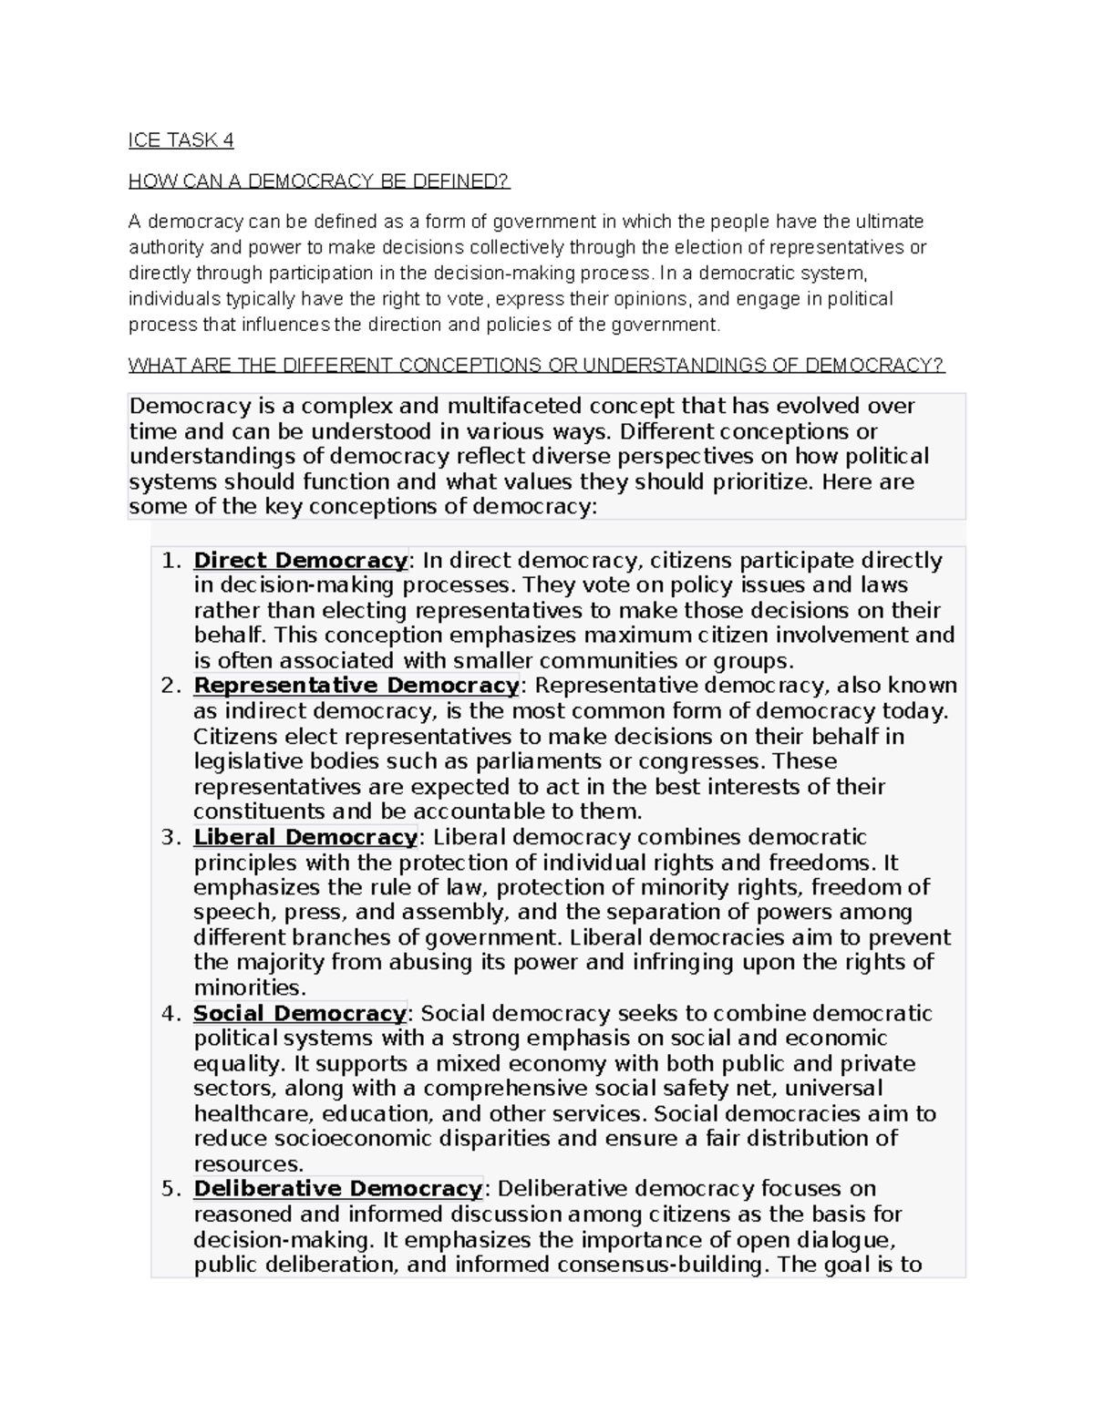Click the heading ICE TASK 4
click(181, 140)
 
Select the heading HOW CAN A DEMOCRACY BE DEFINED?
click(319, 181)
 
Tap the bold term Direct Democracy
click(300, 560)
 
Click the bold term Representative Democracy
click(356, 686)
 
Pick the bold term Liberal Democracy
click(305, 837)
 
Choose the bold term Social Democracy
click(299, 1013)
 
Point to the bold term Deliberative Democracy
click(337, 1189)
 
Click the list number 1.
click(170, 560)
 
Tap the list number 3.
click(170, 837)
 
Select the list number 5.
click(170, 1189)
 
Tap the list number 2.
click(170, 686)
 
